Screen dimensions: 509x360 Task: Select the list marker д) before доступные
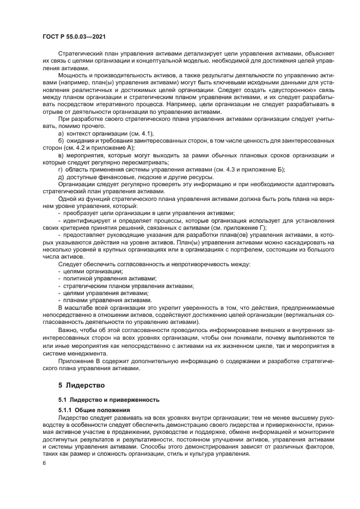click(x=61, y=177)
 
